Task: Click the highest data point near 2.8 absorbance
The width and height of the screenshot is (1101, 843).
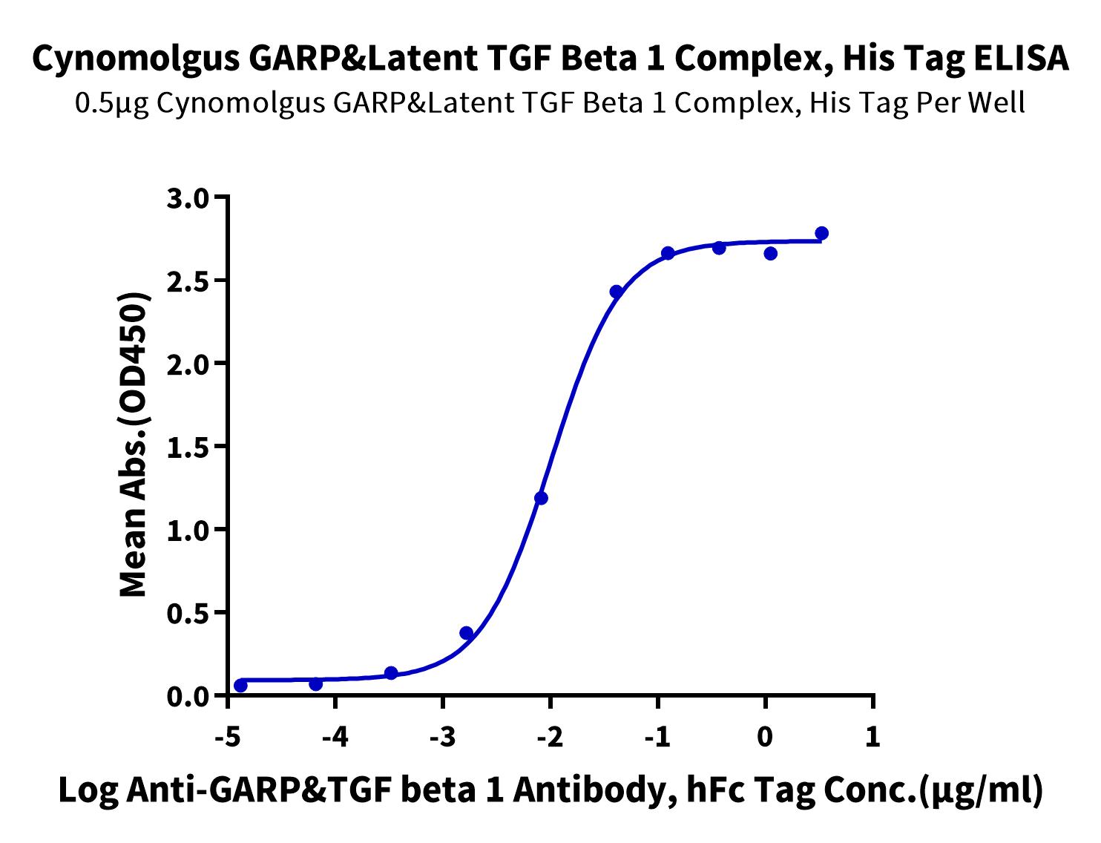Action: click(821, 233)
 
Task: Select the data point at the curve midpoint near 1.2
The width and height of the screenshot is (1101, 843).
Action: click(541, 498)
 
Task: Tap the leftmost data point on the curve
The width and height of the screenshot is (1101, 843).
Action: click(240, 686)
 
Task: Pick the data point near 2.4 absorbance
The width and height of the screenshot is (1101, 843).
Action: click(616, 292)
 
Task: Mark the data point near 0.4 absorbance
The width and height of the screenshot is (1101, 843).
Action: click(466, 633)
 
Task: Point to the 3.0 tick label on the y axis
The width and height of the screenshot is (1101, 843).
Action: click(189, 197)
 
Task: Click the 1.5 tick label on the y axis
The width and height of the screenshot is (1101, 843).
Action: click(189, 447)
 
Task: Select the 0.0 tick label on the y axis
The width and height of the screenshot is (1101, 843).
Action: click(189, 697)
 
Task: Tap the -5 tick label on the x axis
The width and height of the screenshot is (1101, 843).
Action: click(226, 738)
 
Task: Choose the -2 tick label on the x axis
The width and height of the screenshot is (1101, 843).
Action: click(549, 738)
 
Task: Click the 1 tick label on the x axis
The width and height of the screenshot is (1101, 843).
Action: click(873, 738)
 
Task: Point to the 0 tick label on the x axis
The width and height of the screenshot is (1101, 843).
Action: click(765, 738)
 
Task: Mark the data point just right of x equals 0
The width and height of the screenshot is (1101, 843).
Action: click(770, 253)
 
